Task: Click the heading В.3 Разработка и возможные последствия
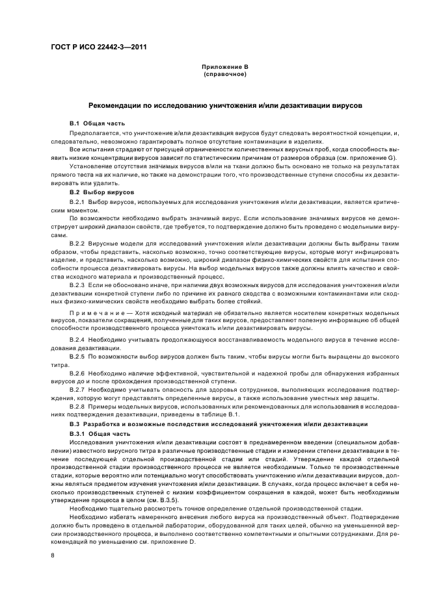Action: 215,423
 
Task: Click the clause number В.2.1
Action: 77,203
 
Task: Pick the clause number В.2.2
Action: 77,242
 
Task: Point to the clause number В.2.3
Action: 77,285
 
